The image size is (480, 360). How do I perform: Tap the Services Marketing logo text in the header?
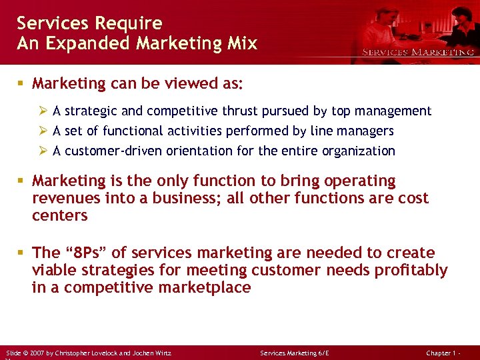coord(418,52)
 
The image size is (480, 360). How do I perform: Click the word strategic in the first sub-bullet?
coord(91,111)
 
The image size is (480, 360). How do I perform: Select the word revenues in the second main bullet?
coord(65,198)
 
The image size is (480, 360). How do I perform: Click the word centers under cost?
coord(60,215)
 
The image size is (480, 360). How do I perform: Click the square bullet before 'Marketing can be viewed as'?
coord(21,85)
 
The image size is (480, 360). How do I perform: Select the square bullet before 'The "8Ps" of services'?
coord(21,253)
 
